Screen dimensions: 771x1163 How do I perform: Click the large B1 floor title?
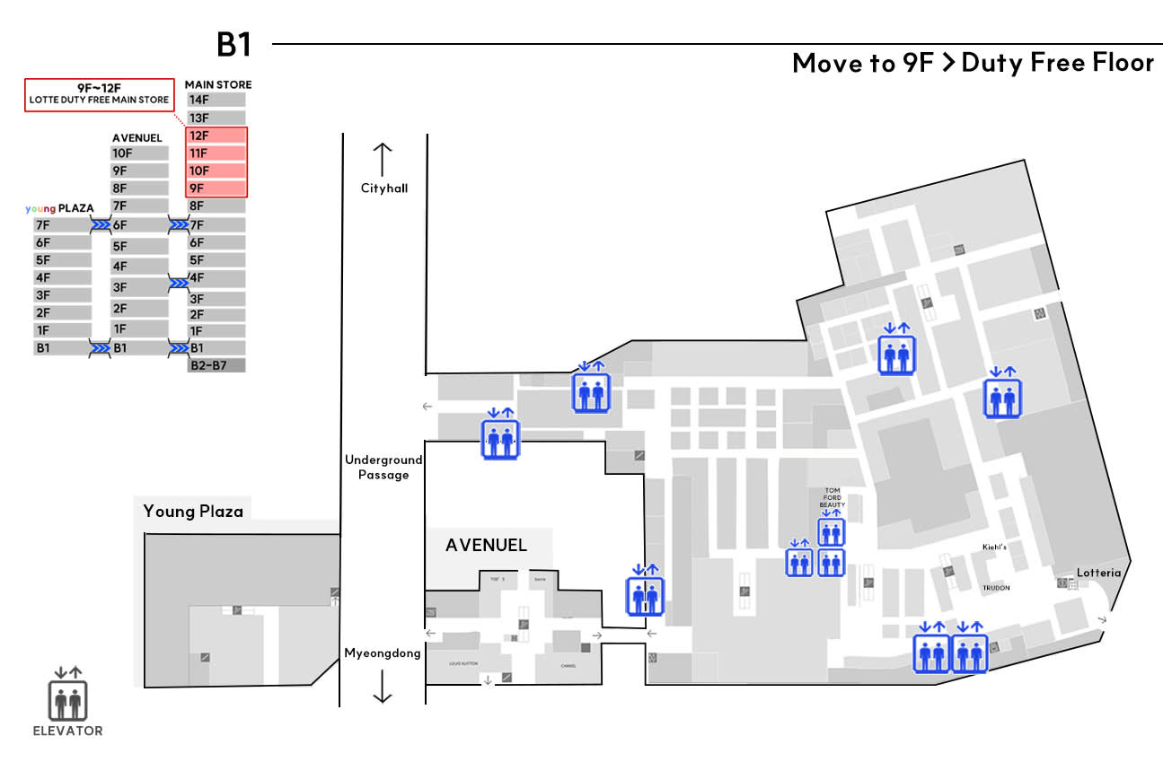[x=233, y=44]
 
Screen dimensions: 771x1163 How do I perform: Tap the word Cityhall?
[x=384, y=188]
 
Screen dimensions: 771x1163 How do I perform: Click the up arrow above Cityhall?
[x=383, y=159]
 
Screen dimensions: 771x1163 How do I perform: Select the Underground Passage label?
[x=383, y=468]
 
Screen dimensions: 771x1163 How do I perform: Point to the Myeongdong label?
[x=383, y=653]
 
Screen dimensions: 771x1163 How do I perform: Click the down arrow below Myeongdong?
[x=383, y=687]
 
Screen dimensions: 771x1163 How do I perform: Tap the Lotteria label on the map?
[x=1099, y=573]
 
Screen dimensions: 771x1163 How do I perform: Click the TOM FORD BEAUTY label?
[x=833, y=498]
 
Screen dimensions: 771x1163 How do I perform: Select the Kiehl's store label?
[x=994, y=547]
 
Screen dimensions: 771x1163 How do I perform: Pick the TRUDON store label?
[x=996, y=588]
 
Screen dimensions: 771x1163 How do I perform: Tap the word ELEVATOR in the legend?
[x=68, y=731]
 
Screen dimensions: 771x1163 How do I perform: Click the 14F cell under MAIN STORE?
[x=216, y=100]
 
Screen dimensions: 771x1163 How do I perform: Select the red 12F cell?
[x=216, y=136]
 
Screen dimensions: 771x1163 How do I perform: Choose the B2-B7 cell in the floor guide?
[x=216, y=364]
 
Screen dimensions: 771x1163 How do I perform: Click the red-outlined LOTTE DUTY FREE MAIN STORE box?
[x=99, y=94]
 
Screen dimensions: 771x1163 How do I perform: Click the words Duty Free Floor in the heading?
[x=1057, y=63]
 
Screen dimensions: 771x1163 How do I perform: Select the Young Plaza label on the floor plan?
[x=193, y=511]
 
